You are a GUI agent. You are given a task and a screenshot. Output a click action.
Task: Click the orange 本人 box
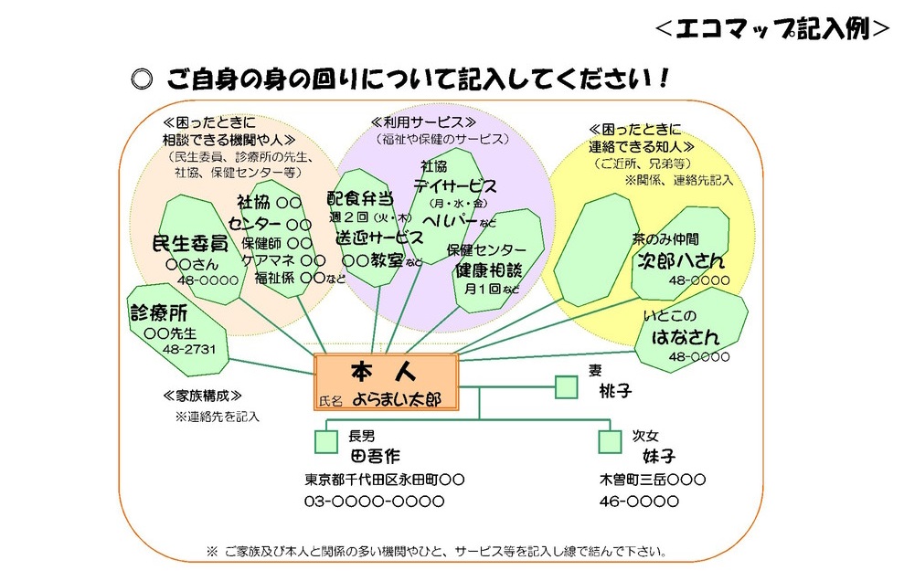pos(385,382)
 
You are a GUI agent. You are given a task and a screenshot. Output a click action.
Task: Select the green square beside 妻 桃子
pos(567,387)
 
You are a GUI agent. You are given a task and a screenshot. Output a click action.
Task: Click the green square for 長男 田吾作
pos(326,441)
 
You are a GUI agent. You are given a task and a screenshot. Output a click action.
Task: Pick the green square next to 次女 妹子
pos(610,441)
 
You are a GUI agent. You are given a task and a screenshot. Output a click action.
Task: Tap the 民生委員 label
pos(189,243)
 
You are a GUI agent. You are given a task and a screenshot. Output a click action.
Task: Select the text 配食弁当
pos(361,198)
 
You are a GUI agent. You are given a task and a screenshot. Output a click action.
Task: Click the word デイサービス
pos(454,185)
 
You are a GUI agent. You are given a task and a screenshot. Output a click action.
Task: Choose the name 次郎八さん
pos(681,261)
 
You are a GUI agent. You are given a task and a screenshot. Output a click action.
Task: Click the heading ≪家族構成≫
pos(201,396)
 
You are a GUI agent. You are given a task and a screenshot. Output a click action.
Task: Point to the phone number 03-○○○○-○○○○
pos(374,501)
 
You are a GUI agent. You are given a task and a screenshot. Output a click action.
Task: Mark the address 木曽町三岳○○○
pos(652,479)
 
